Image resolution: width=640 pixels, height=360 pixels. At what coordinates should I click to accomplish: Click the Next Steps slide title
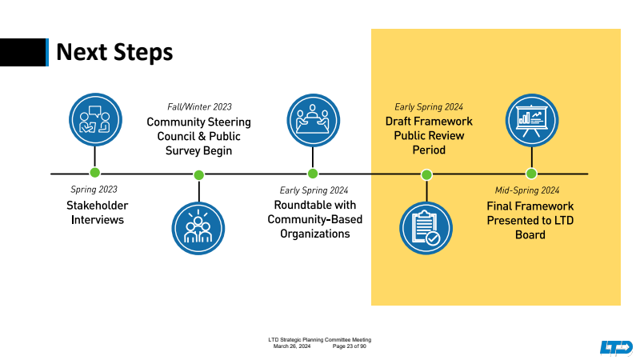[x=114, y=52]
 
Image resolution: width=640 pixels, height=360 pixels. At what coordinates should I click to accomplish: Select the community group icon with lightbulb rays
[x=199, y=228]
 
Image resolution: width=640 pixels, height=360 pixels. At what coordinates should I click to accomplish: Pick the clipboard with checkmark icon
[x=426, y=228]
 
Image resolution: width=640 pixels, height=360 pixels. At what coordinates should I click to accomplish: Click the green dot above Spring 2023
[x=95, y=173]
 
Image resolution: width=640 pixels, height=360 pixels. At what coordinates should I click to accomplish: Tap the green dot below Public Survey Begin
[x=199, y=174]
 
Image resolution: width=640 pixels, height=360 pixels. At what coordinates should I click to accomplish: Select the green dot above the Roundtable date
[x=313, y=173]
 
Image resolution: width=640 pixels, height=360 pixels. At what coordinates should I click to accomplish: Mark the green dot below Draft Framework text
[x=426, y=174]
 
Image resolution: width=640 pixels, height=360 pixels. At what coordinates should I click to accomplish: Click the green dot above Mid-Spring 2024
[x=531, y=174]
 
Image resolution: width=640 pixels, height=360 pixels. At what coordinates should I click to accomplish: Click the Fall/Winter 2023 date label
[x=199, y=106]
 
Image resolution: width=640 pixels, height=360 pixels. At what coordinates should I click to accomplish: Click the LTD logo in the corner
[x=616, y=347]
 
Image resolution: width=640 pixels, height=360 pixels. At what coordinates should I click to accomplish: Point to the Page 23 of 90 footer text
[x=350, y=346]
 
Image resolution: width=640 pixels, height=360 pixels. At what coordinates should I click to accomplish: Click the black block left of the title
[x=22, y=52]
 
